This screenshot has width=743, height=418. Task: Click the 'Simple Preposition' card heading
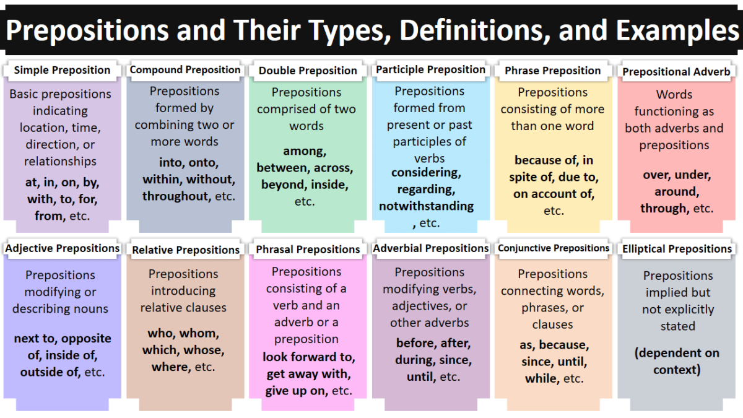coord(62,70)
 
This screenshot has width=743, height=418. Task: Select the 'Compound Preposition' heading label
coord(185,70)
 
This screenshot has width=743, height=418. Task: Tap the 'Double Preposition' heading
coord(308,71)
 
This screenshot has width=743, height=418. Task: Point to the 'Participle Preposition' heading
coord(430,70)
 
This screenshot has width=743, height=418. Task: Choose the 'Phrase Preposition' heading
coord(553,71)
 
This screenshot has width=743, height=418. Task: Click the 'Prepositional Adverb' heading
coord(677,72)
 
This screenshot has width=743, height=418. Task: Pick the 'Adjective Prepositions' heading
coord(63,248)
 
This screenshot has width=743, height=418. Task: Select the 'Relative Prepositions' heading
coord(186,250)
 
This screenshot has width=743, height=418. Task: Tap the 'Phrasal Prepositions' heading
coord(308,250)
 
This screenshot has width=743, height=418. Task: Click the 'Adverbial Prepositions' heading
coord(431,248)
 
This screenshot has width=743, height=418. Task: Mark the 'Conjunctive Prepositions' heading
coord(554,248)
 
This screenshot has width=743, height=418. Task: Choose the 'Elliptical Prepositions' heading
coord(677,249)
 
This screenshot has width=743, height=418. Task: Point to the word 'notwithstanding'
coord(427,206)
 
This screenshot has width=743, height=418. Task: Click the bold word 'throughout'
coord(175,196)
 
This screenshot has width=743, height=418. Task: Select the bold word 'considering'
coord(426,173)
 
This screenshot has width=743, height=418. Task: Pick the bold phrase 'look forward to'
coord(308,357)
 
